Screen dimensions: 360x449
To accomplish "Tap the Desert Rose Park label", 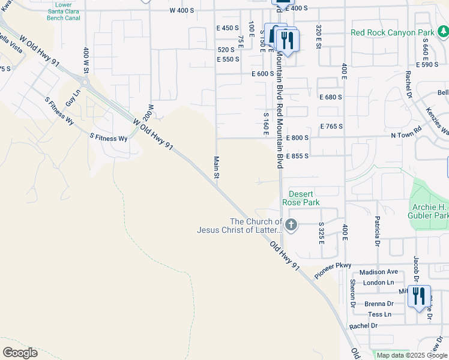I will [x=304, y=198].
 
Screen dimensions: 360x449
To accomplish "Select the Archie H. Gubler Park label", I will [x=429, y=212].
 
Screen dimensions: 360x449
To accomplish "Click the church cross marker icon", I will [x=291, y=226].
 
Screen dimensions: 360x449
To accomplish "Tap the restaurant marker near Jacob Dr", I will [x=418, y=295].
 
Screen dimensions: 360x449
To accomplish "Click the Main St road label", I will [x=217, y=167].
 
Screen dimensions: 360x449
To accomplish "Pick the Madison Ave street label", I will [x=379, y=272].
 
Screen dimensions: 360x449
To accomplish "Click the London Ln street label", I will [x=378, y=283].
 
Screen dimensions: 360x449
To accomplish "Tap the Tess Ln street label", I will [x=379, y=314].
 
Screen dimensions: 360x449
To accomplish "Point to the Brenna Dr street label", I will [x=378, y=304].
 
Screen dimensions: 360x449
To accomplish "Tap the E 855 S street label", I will [x=297, y=156].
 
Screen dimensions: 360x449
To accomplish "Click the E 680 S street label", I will [x=331, y=97].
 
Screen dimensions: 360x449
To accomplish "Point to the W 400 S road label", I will [x=182, y=11].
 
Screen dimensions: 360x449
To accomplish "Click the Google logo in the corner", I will [x=20, y=353].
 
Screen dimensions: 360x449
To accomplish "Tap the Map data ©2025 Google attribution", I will [x=412, y=355].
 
